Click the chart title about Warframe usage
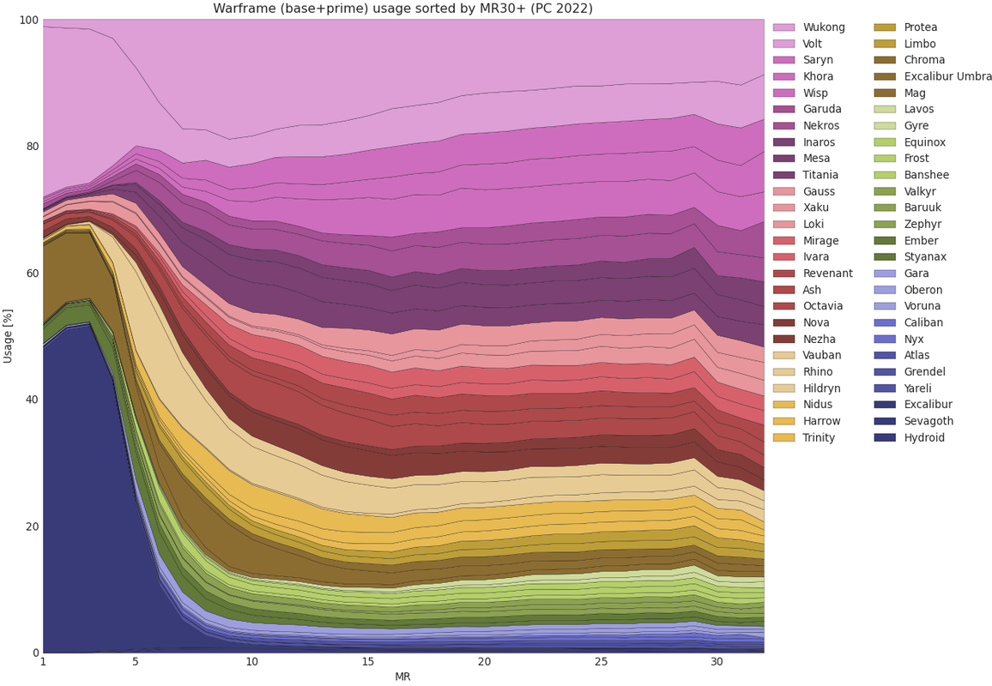click(x=402, y=9)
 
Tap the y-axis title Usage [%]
click(x=9, y=336)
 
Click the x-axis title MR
click(x=402, y=677)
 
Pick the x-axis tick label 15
click(x=367, y=662)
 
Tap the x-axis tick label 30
click(x=717, y=662)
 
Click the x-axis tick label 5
click(x=135, y=662)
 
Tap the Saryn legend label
click(x=818, y=60)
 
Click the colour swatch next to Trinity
click(x=784, y=437)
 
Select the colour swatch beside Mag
click(x=888, y=93)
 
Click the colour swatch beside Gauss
click(x=784, y=191)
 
